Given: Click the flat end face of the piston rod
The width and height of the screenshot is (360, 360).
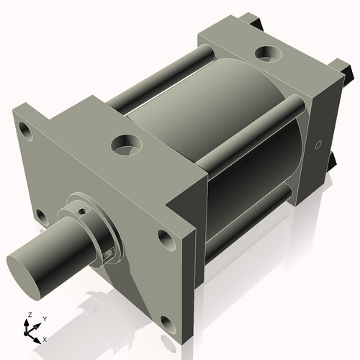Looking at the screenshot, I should [26, 272].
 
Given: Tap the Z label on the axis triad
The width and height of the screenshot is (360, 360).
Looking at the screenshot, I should [28, 315].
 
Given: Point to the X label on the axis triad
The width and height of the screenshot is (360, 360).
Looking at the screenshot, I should [45, 338].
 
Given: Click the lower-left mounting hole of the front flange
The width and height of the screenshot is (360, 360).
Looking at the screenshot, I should [41, 215].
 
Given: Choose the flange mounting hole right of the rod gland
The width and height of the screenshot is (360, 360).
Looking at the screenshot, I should [166, 238].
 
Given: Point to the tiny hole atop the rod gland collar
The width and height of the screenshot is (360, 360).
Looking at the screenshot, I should [84, 210].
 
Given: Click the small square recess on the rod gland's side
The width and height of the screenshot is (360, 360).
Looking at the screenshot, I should [109, 253].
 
